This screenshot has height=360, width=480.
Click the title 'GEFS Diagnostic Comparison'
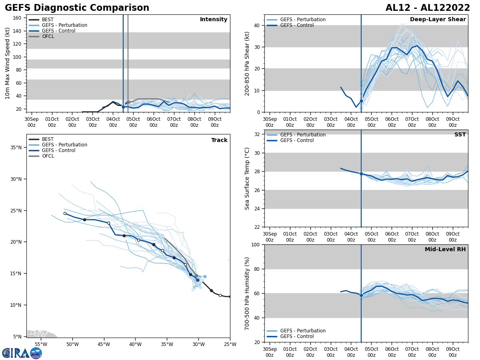tap(77, 8)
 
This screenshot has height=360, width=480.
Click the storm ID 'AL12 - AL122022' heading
tap(428, 8)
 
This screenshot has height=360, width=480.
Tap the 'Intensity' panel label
tap(214, 20)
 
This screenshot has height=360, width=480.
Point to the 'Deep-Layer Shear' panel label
tap(438, 20)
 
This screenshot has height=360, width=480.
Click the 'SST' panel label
tap(460, 135)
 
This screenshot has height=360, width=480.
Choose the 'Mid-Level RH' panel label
tap(445, 250)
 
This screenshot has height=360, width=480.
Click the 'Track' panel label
tap(219, 140)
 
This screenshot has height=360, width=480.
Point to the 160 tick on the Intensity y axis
tap(17, 18)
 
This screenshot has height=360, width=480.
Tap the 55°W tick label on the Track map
tap(41, 344)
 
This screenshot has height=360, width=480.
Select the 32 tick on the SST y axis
tap(258, 134)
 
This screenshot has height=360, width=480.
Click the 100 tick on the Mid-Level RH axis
tap(255, 244)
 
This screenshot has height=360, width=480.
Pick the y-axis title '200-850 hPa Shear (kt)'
tap(247, 63)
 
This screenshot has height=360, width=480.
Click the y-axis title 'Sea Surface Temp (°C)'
tap(247, 178)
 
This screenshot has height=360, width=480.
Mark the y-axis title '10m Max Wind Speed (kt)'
tap(8, 63)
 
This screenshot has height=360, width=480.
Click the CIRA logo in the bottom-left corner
tap(22, 353)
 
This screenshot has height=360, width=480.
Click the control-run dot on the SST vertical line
tap(361, 174)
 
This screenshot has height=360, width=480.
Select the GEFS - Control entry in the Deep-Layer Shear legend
tap(297, 25)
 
